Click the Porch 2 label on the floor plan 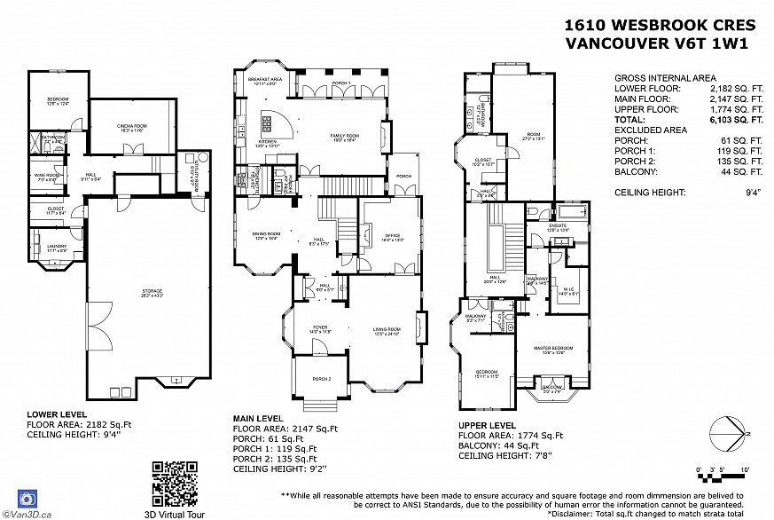pos(321,378)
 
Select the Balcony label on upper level pos(551,388)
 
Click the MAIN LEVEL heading pos(258,418)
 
